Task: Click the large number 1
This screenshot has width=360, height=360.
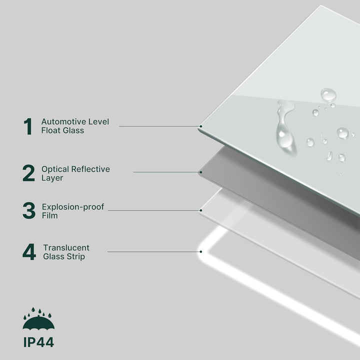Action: [28, 126]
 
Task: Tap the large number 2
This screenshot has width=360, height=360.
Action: [28, 173]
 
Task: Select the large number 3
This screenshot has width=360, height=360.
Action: [29, 210]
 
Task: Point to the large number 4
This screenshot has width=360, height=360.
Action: [29, 252]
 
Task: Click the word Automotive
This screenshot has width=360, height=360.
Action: [62, 121]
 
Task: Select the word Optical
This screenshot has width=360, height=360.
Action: [55, 169]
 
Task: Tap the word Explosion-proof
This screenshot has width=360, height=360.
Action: [73, 207]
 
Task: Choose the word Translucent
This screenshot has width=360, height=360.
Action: [66, 247]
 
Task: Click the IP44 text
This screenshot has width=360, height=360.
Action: [38, 342]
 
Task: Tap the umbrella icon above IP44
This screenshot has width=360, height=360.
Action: [38, 319]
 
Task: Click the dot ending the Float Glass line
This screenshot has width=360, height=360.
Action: [201, 126]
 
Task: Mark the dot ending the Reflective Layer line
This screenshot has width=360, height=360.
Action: [201, 172]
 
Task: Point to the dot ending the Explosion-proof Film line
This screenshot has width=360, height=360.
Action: [201, 210]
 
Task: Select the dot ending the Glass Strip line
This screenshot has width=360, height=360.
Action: [201, 251]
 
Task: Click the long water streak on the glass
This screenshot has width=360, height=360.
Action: [284, 127]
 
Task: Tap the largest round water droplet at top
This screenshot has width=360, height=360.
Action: [328, 95]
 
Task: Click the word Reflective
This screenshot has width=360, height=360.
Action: [90, 169]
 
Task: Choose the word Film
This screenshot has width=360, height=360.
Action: [49, 215]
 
